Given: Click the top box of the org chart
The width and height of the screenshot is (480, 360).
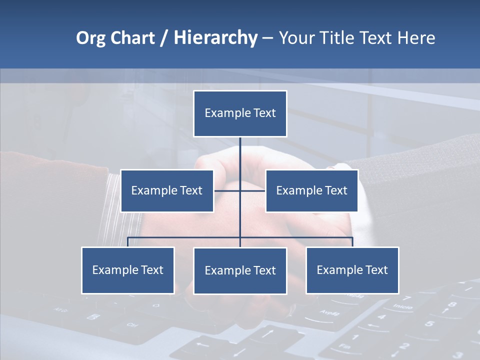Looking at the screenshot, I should point(240,113).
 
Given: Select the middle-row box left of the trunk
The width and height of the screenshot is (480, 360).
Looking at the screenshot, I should point(167,190).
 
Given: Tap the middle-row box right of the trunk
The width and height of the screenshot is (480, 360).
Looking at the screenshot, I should point(311,190).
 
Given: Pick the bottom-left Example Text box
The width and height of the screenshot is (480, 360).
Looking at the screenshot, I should point(127,270).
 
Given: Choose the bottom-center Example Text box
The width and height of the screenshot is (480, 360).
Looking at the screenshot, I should point(240,270).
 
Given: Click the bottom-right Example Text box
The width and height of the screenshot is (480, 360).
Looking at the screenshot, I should point(352,270).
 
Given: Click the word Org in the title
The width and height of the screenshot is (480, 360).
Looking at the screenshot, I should point(90,38).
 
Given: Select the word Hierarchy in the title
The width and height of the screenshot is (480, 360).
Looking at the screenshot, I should point(215,38).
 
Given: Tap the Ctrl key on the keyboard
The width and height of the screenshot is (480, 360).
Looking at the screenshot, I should point(132,324).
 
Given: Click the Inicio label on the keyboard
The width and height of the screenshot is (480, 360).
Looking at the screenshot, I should point(402,306).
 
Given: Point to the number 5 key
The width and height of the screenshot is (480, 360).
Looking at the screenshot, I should point(429,323).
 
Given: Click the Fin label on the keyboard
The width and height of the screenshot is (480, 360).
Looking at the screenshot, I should point(344,346).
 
